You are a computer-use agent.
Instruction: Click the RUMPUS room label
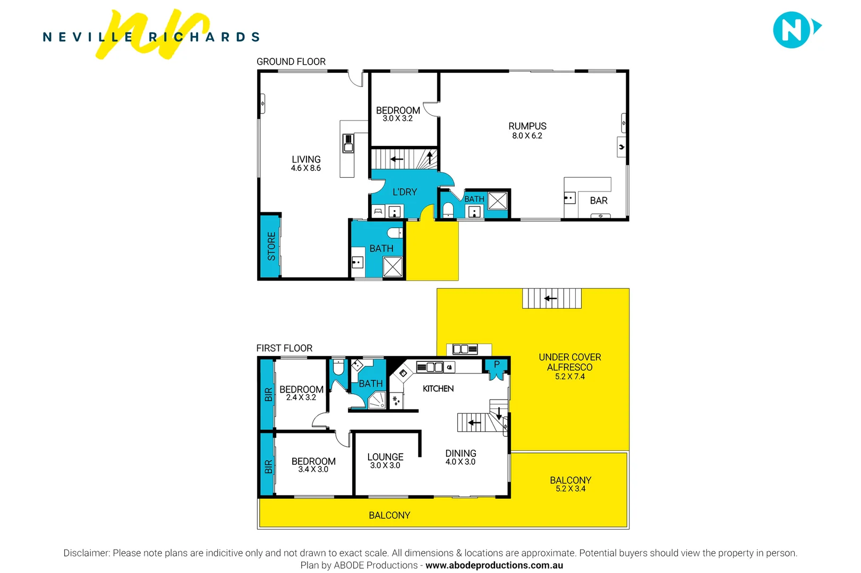527,126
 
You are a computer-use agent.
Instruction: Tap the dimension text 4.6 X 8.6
305,168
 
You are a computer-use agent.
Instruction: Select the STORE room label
271,246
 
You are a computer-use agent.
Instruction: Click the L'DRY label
405,192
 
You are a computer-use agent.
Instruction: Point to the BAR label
599,201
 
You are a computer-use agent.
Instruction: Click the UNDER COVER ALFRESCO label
570,362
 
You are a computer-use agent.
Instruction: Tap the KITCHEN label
438,389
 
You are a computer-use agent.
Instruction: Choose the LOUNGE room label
385,457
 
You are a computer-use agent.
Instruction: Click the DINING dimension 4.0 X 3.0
461,462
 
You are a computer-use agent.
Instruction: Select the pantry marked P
497,365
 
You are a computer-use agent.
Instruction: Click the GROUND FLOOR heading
291,62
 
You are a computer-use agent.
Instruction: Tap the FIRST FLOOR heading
284,348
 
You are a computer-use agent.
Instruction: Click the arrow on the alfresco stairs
551,298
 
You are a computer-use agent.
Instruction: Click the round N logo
791,30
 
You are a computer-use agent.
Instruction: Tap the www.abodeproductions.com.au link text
494,566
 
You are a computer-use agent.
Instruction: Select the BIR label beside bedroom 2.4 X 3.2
268,394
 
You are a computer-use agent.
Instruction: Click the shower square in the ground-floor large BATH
393,266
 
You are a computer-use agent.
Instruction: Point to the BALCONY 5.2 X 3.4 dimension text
570,489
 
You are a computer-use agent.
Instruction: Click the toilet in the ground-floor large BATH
395,233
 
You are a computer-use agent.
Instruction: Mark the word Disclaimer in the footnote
86,553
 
